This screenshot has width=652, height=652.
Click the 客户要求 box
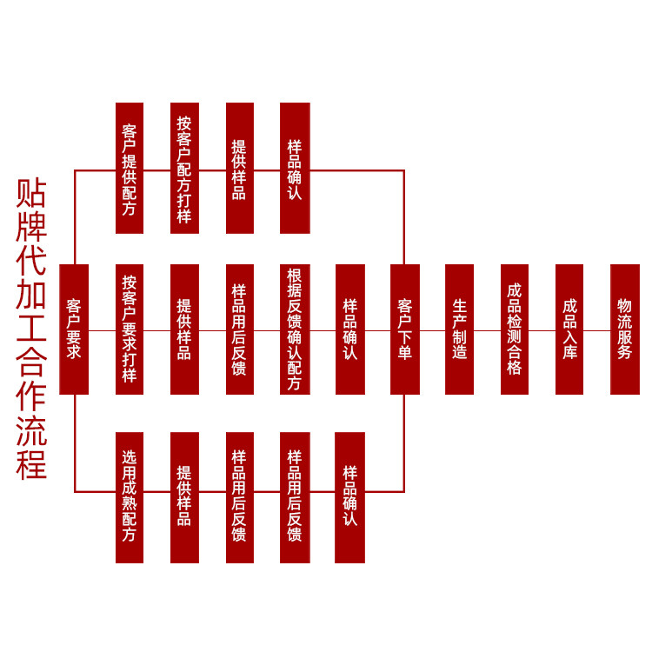point(74,329)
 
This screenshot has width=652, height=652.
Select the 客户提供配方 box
point(130,168)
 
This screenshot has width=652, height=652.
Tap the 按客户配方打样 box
point(184,168)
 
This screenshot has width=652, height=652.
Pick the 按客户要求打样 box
point(130,329)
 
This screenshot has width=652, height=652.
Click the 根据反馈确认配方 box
point(295,329)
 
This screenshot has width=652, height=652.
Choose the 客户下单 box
point(405,329)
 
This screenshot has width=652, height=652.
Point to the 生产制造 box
point(460,329)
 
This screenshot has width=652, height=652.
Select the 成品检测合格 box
point(515,329)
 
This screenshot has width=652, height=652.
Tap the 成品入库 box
point(569,329)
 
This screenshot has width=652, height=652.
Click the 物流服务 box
point(625,329)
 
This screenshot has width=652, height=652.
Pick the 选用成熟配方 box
point(130,497)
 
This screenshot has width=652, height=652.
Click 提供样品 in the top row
point(240,168)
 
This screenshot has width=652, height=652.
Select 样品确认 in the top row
point(295,168)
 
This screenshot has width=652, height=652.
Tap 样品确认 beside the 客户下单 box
point(350,329)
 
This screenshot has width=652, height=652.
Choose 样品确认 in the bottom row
point(350,497)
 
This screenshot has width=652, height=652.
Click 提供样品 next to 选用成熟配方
point(184,497)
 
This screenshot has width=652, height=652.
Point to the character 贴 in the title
point(32,193)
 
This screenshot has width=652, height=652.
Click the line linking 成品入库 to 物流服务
point(597,330)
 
